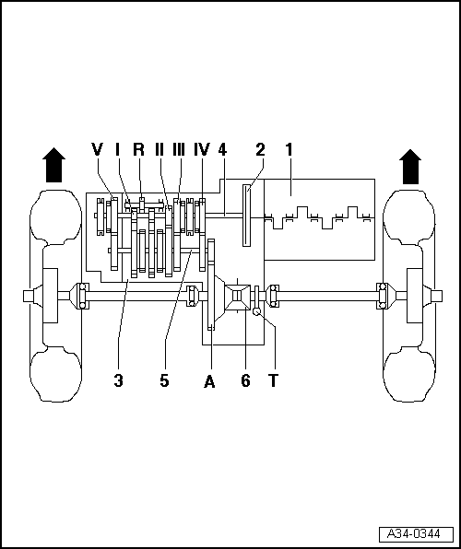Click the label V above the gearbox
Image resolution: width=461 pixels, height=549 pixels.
click(x=97, y=149)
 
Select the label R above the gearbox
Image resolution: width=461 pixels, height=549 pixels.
click(x=138, y=149)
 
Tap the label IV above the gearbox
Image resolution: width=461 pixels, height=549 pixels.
click(x=202, y=149)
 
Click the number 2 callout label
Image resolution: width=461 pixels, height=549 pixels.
click(x=260, y=149)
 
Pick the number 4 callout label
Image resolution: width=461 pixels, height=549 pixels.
click(x=222, y=149)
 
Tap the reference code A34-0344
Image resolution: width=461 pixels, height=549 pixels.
click(x=415, y=534)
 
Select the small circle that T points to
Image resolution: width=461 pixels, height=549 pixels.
click(x=257, y=312)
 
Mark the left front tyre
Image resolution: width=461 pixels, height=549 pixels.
click(x=51, y=295)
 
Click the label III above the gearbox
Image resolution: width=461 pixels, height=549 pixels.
click(x=179, y=149)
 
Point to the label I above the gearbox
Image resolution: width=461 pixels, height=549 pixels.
click(x=118, y=149)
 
